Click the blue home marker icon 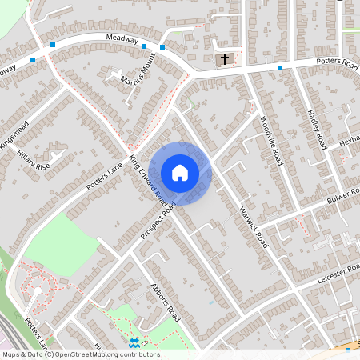tap(180, 173)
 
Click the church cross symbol tap(225, 59)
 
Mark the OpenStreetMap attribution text tap(81, 354)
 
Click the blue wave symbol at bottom tap(135, 342)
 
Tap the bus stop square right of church tap(280, 68)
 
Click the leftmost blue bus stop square tap(33, 60)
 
